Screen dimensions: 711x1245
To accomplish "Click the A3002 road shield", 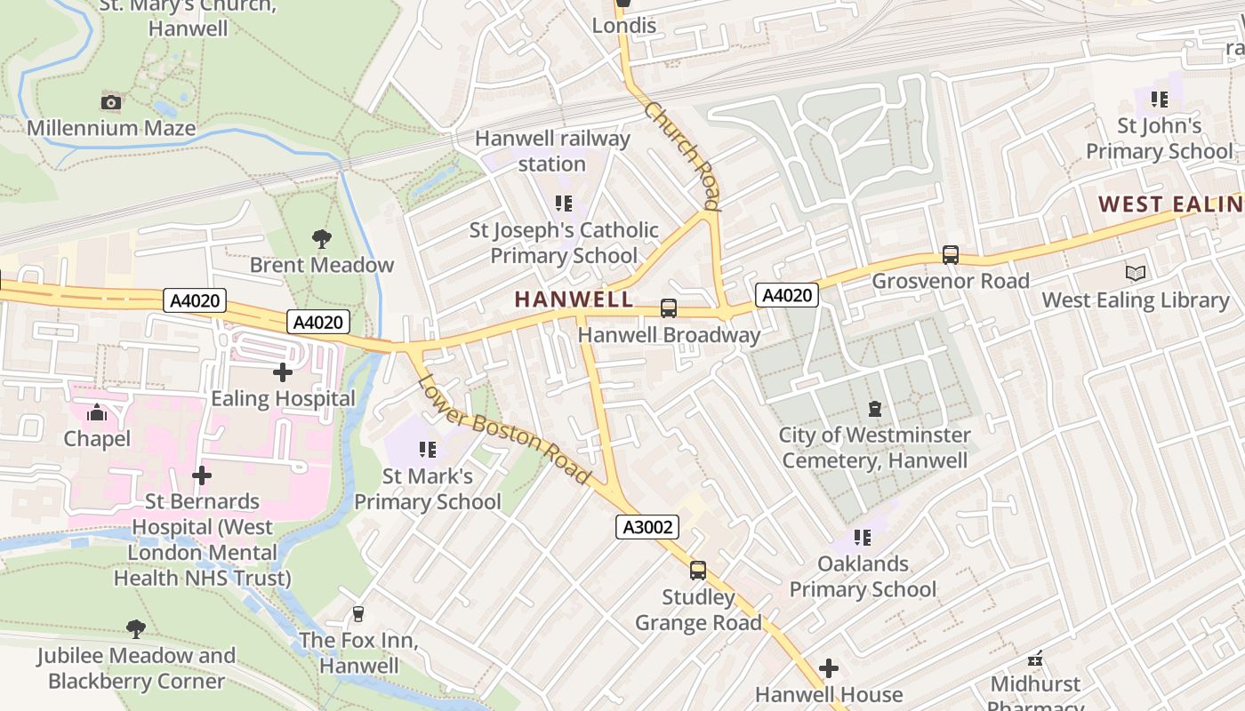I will click(647, 527).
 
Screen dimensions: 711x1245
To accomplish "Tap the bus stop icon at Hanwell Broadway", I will click(669, 308).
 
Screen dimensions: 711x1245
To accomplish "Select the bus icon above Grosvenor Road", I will click(951, 255).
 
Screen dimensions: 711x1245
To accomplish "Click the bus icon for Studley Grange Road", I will click(698, 571).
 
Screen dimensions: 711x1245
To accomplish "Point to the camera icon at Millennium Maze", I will click(111, 102).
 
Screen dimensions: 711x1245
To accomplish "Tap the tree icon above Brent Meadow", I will click(322, 238).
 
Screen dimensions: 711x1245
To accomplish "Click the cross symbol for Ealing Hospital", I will click(283, 372).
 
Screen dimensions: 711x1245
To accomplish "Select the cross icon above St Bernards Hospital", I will click(202, 475).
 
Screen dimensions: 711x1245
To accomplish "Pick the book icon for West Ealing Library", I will click(1136, 274).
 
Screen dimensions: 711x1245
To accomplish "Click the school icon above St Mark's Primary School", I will click(427, 450).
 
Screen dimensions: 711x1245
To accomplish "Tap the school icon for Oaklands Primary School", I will click(862, 538).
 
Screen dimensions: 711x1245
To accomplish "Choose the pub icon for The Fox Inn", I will click(358, 614).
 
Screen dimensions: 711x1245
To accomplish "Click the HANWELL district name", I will click(574, 300).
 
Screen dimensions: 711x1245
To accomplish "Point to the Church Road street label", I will click(681, 156).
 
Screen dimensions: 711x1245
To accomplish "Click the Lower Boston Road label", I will click(504, 432).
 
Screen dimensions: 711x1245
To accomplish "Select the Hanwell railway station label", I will click(552, 151).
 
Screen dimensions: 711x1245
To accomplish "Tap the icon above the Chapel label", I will click(97, 412).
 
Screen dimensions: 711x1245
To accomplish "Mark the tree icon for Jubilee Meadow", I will click(136, 629).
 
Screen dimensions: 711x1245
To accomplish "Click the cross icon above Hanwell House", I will click(829, 667).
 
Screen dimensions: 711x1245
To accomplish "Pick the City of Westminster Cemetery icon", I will click(875, 409).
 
